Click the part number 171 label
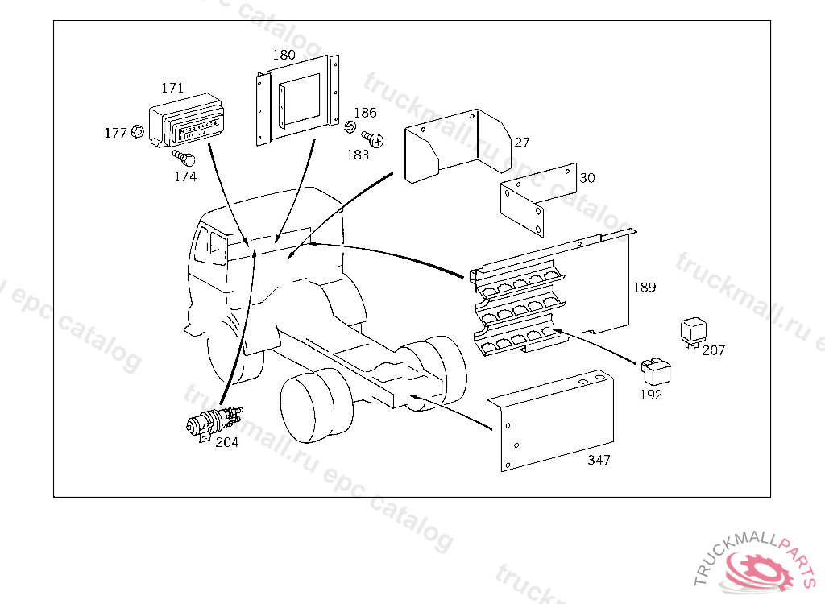point(172,88)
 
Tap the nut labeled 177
point(137,131)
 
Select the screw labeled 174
point(179,156)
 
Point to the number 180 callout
point(284,56)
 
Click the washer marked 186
point(350,127)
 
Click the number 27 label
point(522,143)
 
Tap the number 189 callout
point(645,287)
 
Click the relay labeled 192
point(657,371)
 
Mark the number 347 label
point(599,460)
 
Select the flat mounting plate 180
point(298,101)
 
